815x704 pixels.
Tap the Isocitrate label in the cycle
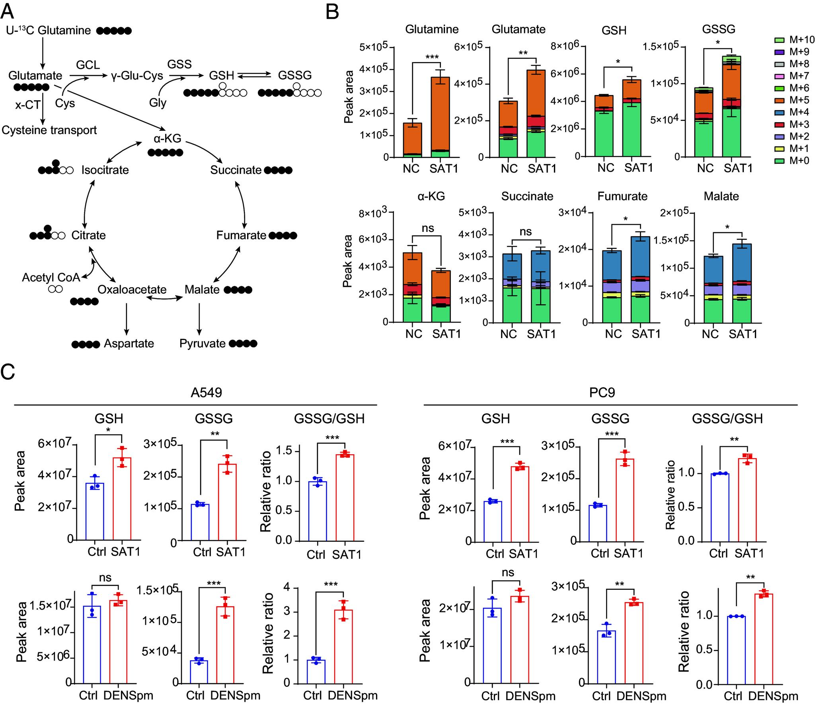click(105, 170)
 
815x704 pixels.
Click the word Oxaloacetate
click(132, 290)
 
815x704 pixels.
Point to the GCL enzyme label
click(88, 64)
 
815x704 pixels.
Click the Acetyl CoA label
click(51, 277)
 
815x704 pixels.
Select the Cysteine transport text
click(49, 130)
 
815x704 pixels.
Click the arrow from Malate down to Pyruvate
click(199, 318)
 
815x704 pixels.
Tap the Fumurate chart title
click(622, 196)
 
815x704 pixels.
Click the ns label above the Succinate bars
click(526, 231)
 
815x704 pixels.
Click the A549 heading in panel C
click(206, 393)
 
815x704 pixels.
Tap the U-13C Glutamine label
click(49, 30)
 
